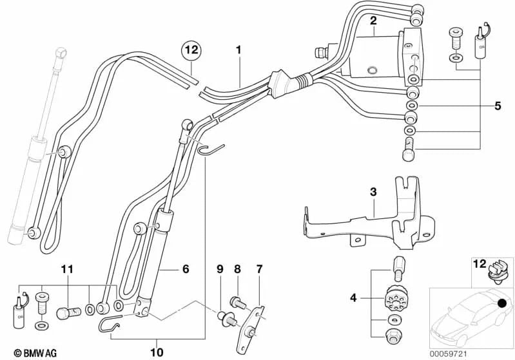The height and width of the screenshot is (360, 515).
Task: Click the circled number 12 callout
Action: coord(191,48)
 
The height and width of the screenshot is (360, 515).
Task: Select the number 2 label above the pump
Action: coord(373,21)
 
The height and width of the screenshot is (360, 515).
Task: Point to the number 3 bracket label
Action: coord(373,192)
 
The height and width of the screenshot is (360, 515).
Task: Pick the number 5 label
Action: coord(497,106)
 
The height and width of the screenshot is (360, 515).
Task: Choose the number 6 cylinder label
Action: coord(186,269)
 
